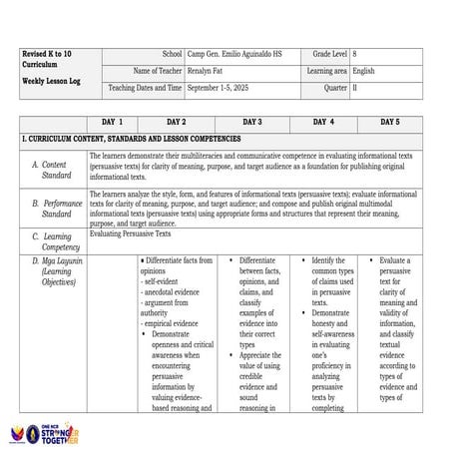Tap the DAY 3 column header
tap(251, 122)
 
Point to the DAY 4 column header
tap(323, 122)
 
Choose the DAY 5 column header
tap(390, 122)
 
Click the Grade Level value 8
tap(354, 53)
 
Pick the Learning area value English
tap(363, 71)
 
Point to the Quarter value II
tap(354, 88)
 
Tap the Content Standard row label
tap(55, 170)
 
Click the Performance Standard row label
tap(58, 209)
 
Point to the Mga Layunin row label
tap(56, 270)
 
